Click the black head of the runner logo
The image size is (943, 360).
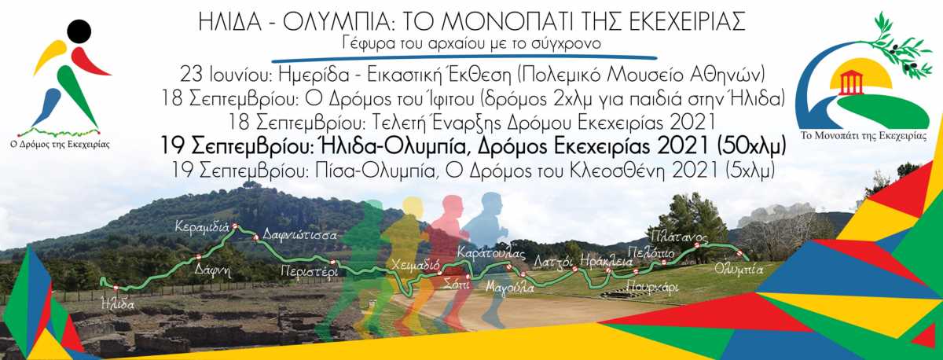point(79,31)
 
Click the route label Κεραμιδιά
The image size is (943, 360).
point(202,227)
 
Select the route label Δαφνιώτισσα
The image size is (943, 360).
point(299,235)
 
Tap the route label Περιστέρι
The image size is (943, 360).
point(310,271)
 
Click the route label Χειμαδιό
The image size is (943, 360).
point(416,266)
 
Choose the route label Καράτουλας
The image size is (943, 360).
point(491,253)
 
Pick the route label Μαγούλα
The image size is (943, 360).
point(510,288)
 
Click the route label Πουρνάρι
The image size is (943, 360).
point(652,287)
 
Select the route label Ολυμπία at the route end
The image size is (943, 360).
point(739,269)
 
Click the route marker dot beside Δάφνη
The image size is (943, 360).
point(198,257)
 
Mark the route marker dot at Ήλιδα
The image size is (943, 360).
point(116,288)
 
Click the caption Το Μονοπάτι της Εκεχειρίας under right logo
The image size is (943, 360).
point(863,135)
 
